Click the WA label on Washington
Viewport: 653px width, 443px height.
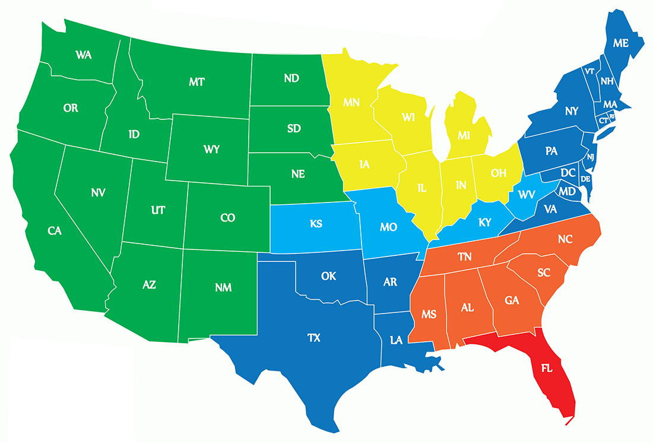coord(83,55)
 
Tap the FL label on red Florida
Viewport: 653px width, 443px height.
coord(547,368)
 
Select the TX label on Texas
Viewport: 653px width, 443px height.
coord(314,338)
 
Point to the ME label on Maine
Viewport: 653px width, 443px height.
coord(620,43)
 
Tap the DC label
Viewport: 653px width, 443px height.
coord(568,173)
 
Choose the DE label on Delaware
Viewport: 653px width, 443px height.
coord(585,179)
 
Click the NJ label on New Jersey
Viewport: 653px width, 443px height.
coord(591,157)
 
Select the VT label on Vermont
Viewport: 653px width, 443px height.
coord(589,71)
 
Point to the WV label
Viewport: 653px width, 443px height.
coord(527,194)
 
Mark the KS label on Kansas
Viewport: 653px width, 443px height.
coord(316,224)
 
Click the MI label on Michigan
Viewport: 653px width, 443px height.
coord(464,136)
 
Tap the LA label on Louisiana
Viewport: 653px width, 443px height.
coord(397,340)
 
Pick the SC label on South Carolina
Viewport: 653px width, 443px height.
coord(544,273)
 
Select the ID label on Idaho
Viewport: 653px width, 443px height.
coord(134,134)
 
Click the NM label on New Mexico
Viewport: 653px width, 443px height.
coord(224,288)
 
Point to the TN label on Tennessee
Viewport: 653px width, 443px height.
coord(465,257)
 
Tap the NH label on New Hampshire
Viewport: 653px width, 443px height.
coord(607,81)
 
